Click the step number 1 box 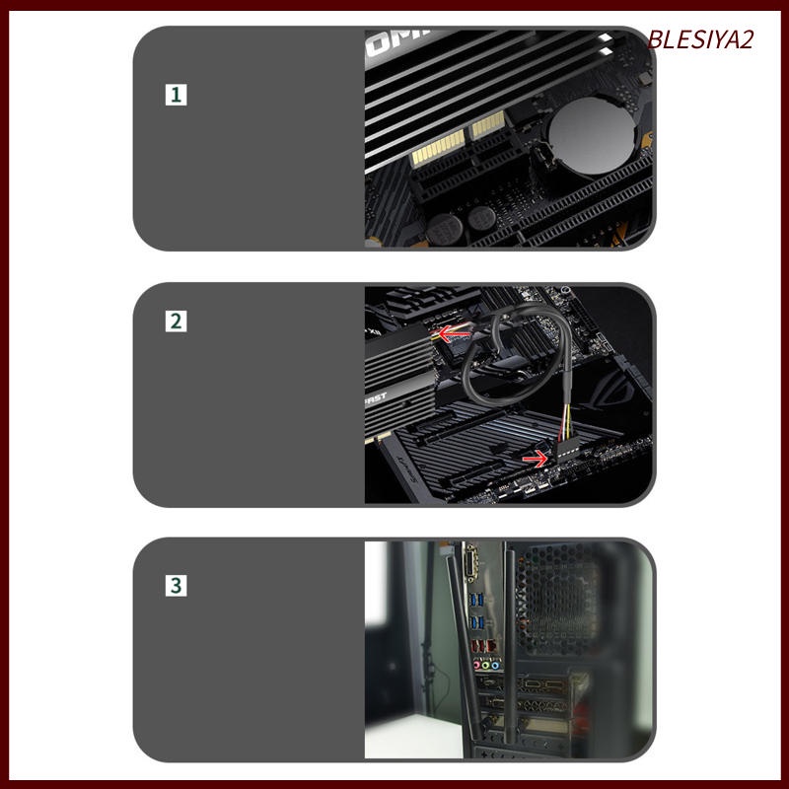pyautogui.click(x=176, y=95)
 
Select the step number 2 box pyautogui.click(x=176, y=322)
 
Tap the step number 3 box pyautogui.click(x=176, y=585)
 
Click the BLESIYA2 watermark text pyautogui.click(x=700, y=39)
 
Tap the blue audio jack pyautogui.click(x=496, y=664)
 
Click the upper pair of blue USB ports pyautogui.click(x=478, y=600)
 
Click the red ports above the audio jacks pyautogui.click(x=484, y=646)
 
